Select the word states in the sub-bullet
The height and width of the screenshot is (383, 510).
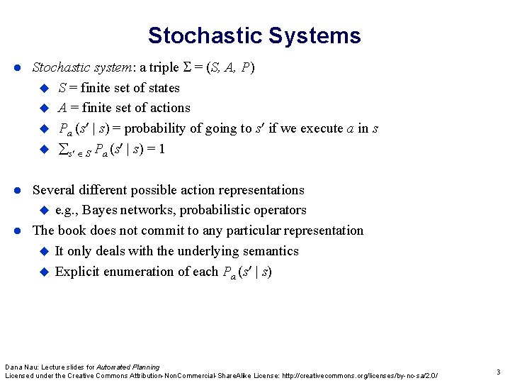pyautogui.click(x=163, y=88)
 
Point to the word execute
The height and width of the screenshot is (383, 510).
pyautogui.click(x=323, y=128)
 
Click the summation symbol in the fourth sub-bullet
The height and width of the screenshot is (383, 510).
pyautogui.click(x=61, y=149)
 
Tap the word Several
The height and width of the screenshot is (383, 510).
pyautogui.click(x=56, y=190)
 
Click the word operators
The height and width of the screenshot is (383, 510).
pyautogui.click(x=280, y=210)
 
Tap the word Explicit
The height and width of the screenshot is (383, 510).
pyautogui.click(x=76, y=272)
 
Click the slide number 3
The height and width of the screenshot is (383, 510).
pyautogui.click(x=498, y=372)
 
